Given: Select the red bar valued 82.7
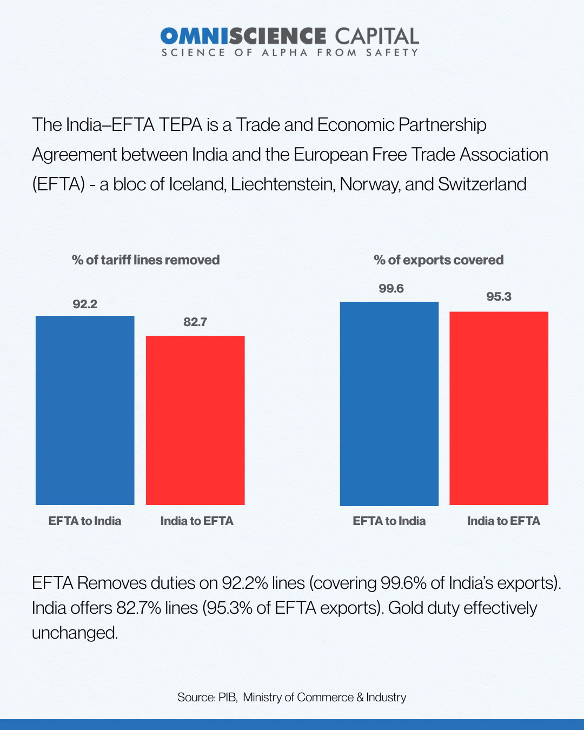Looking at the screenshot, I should tap(195, 420).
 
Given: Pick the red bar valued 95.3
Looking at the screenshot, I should tap(499, 408).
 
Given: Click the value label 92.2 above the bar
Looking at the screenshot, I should tap(85, 304).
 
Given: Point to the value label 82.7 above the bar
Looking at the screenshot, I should tap(195, 322).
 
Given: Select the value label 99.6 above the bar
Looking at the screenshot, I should tap(391, 289).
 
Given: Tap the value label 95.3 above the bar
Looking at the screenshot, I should tap(499, 297).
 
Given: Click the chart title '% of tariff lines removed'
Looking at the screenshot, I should tap(145, 260).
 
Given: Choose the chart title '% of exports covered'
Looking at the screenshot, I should tap(439, 260).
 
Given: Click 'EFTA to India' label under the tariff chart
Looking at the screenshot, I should tap(85, 521).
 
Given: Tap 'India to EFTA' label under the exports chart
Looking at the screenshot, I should tap(503, 521).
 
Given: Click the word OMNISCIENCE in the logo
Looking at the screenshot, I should tap(243, 36).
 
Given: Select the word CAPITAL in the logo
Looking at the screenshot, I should tap(377, 36).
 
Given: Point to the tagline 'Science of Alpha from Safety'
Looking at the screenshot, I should tap(290, 52).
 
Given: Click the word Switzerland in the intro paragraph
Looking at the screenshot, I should tap(482, 184).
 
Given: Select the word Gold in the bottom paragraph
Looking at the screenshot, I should tap(406, 608).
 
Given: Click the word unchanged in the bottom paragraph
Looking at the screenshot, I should tap(75, 633).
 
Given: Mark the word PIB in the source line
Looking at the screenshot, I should tap(227, 698).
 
